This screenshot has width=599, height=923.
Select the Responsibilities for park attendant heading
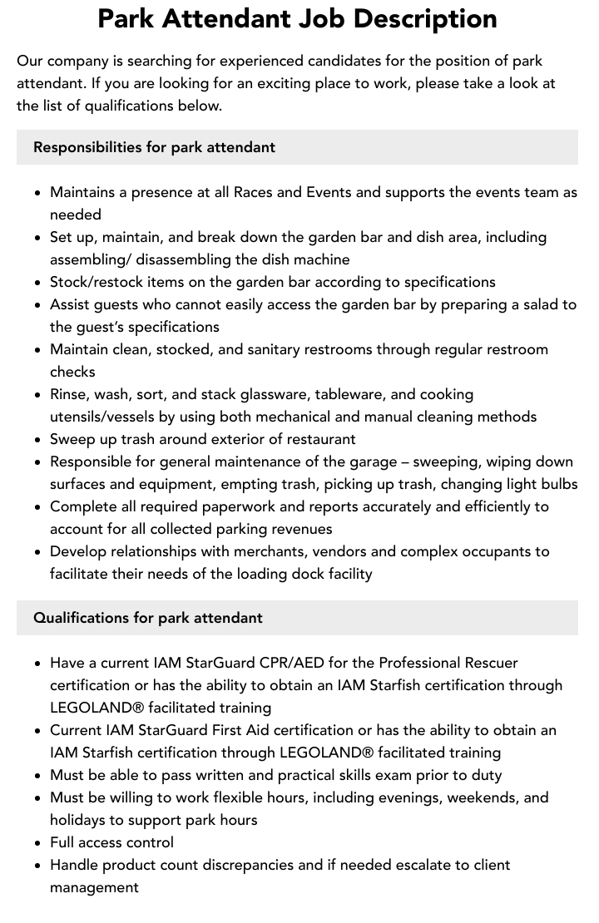point(154,147)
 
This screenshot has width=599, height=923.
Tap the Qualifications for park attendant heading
point(147,618)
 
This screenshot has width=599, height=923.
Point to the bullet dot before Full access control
point(38,842)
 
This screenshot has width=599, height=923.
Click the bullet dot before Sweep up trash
point(38,439)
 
